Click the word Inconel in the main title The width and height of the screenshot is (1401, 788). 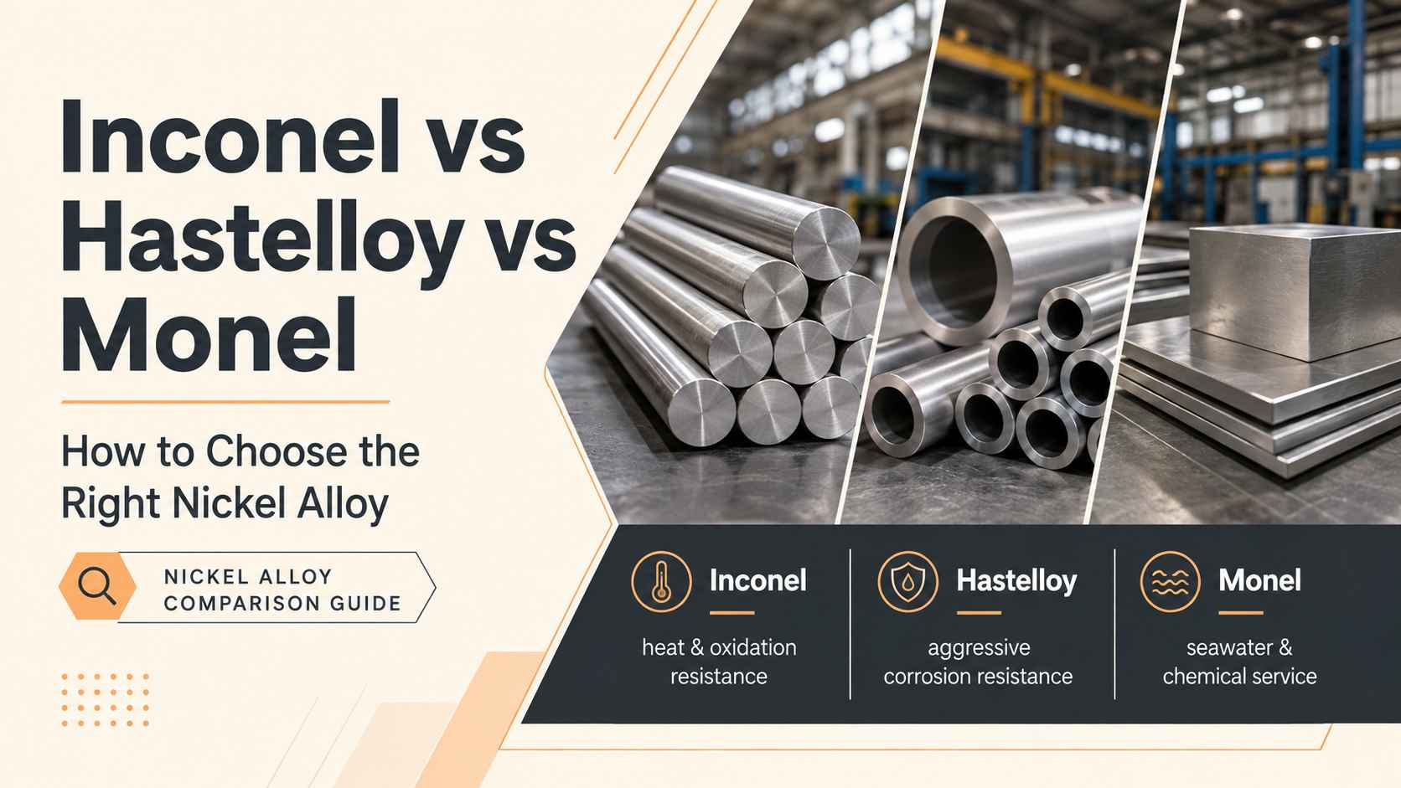230,136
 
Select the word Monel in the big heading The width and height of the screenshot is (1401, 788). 209,335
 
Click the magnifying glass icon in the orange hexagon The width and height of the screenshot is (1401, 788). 97,587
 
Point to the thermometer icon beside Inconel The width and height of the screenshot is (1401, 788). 661,581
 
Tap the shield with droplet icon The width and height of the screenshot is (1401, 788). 908,581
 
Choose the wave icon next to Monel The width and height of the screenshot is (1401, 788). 1170,581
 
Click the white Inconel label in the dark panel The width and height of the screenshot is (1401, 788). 758,580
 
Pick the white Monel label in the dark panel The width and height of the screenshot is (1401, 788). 1259,580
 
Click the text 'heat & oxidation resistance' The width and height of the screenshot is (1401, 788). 719,662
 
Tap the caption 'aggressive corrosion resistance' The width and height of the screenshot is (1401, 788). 978,662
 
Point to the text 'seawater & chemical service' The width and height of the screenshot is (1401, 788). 1239,662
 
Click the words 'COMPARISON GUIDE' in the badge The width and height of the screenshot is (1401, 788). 282,604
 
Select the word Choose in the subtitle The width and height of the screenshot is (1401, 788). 276,452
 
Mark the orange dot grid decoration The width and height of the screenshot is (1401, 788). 105,700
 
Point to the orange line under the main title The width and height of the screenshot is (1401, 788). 225,402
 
